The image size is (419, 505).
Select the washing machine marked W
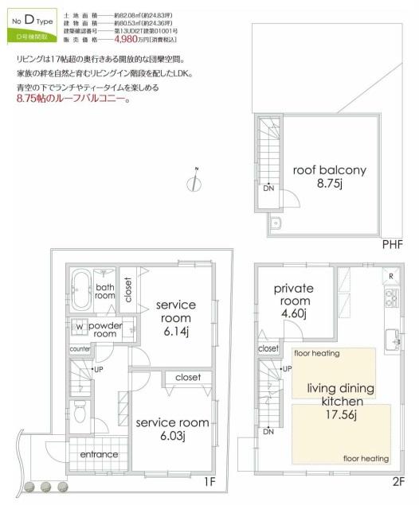click(80, 327)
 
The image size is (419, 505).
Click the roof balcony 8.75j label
click(330, 177)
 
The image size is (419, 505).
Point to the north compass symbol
click(195, 181)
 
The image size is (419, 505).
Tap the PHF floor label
click(391, 243)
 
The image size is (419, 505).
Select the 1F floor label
click(209, 482)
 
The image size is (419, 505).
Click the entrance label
click(99, 454)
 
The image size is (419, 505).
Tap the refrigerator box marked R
click(390, 276)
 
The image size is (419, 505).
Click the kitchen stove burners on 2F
click(390, 299)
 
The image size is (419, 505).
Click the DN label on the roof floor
click(268, 188)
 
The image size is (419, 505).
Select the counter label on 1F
click(80, 349)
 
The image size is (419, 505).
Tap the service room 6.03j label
click(172, 429)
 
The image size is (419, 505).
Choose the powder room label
click(105, 330)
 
